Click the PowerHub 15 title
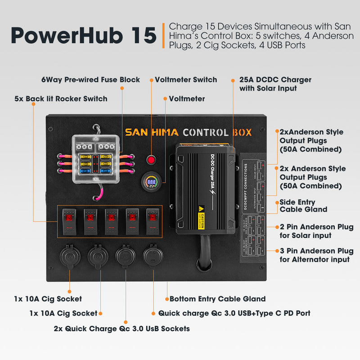[x=83, y=35]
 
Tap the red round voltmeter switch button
[x=151, y=160]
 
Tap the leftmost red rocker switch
[x=68, y=220]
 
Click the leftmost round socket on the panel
[x=69, y=257]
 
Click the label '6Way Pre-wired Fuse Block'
[x=90, y=80]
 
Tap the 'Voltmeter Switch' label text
[x=186, y=80]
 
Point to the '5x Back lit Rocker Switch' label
[x=61, y=99]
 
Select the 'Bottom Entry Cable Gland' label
[x=217, y=299]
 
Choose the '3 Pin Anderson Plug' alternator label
[x=316, y=255]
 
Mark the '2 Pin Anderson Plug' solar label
[x=316, y=231]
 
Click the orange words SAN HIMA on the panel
[x=152, y=132]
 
